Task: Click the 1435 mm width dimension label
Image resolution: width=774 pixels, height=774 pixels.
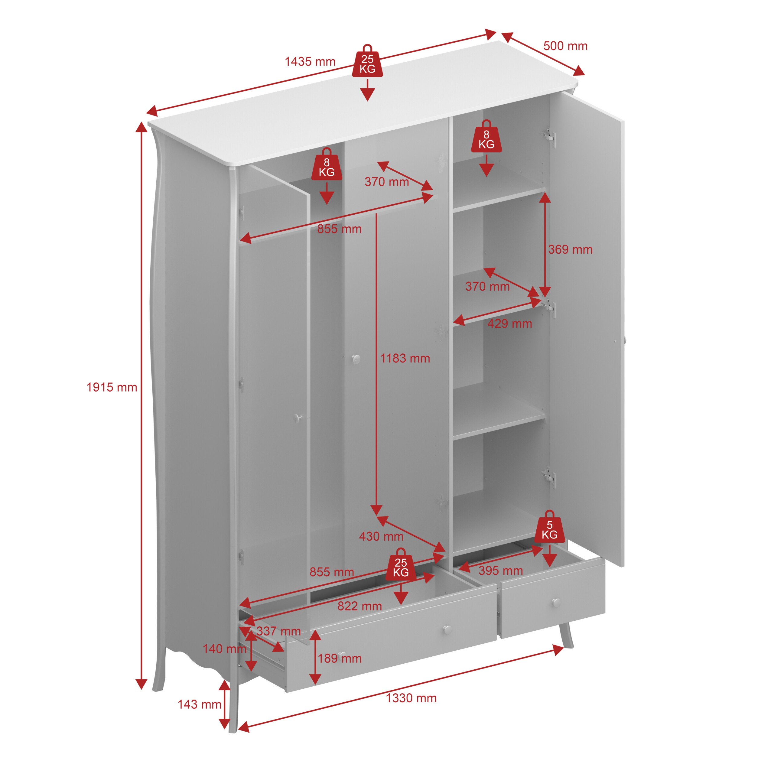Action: pyautogui.click(x=310, y=62)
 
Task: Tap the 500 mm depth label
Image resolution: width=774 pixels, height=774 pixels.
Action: pyautogui.click(x=565, y=46)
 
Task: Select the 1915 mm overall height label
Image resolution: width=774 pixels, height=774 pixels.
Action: pyautogui.click(x=112, y=387)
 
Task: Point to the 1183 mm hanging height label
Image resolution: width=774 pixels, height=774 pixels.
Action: pyautogui.click(x=405, y=358)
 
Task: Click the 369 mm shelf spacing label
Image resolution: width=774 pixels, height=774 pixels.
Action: pyautogui.click(x=570, y=250)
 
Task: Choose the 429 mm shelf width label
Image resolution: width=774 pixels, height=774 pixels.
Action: pyautogui.click(x=509, y=324)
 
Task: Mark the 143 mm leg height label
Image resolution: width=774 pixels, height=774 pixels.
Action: pyautogui.click(x=200, y=704)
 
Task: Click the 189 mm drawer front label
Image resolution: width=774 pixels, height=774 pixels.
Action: pyautogui.click(x=340, y=658)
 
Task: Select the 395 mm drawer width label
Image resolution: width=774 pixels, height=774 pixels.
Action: pyautogui.click(x=501, y=571)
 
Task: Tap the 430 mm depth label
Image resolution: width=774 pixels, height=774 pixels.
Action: pyautogui.click(x=381, y=536)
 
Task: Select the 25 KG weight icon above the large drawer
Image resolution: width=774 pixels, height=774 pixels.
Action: pyautogui.click(x=401, y=564)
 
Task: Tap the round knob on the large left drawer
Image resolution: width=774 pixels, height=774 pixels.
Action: pyautogui.click(x=447, y=630)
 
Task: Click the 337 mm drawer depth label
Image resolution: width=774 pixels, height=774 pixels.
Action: pyautogui.click(x=278, y=631)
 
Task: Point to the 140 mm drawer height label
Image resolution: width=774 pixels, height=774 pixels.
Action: pyautogui.click(x=224, y=649)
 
